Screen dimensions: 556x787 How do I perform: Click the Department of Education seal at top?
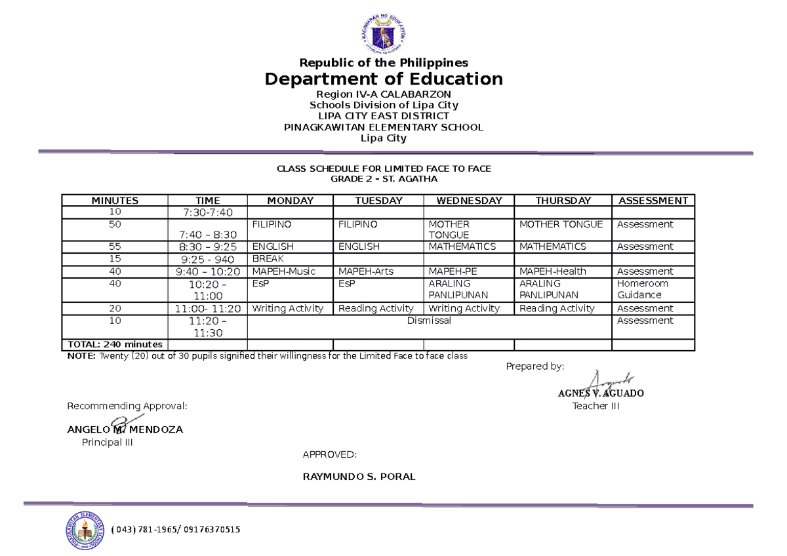click(384, 32)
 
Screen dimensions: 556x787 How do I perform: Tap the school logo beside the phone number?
click(85, 529)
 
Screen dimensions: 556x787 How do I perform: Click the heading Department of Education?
click(384, 79)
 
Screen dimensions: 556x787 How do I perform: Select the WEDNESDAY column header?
click(469, 201)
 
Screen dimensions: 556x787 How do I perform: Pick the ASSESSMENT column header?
click(653, 201)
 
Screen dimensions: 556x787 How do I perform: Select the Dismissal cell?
click(429, 321)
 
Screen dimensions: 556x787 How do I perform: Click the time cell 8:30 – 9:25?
click(207, 247)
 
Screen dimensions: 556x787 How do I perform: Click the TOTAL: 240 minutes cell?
click(115, 344)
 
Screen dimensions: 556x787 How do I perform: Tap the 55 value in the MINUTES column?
click(115, 247)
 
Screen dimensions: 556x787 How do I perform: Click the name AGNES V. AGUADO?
click(601, 393)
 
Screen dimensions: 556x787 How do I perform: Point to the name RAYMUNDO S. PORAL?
click(359, 477)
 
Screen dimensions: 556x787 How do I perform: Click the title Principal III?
click(107, 443)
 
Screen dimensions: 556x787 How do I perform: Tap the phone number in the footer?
click(176, 530)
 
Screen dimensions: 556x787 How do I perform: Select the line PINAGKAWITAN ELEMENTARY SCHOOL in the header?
click(384, 127)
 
